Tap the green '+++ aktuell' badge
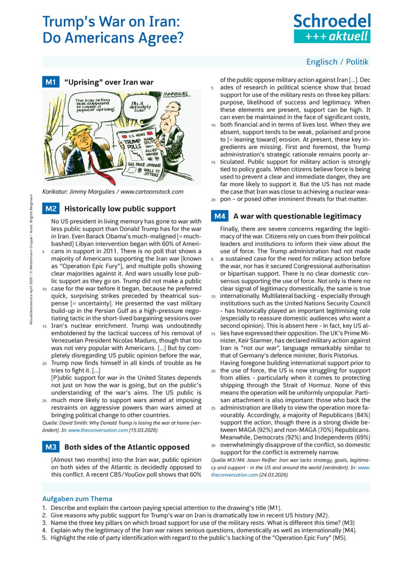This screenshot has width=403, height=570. tap(332, 36)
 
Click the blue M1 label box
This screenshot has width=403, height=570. tap(50, 82)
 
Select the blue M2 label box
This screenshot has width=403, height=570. tap(50, 209)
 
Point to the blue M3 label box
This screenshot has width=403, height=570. tap(50, 447)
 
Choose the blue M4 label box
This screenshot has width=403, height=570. tap(219, 216)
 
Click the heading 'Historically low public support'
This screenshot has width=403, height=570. tap(120, 209)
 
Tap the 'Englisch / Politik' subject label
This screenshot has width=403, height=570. tap(338, 62)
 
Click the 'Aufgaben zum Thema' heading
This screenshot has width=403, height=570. tap(77, 498)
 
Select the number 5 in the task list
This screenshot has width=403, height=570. tap(44, 538)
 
